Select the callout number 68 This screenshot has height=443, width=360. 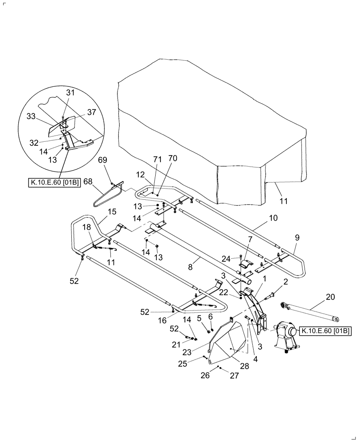click(88, 181)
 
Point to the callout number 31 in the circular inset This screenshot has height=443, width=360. click(70, 93)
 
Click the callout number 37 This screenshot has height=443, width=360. click(91, 113)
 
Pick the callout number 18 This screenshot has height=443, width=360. click(86, 226)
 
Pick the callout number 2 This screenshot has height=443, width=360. click(285, 281)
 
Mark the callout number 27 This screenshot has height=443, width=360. click(234, 376)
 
